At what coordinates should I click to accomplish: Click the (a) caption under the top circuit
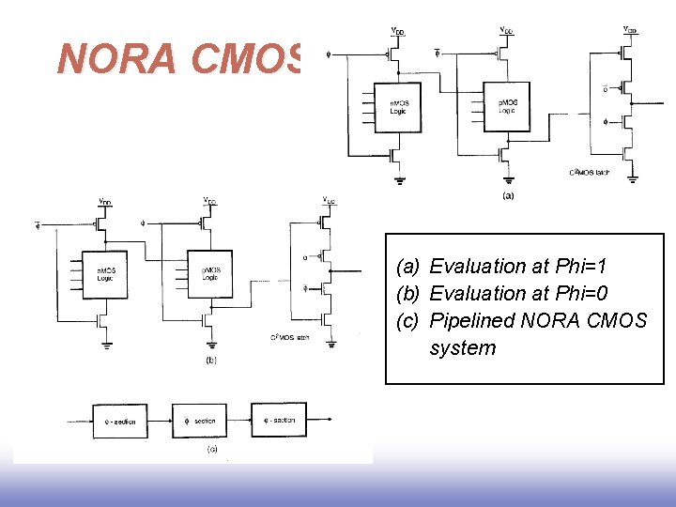[508, 196]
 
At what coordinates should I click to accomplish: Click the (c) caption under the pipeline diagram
[212, 449]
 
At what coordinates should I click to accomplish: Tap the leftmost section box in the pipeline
[119, 422]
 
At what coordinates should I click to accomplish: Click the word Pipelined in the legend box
[473, 321]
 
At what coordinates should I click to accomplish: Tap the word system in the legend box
[463, 348]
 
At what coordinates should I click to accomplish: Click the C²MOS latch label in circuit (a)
[589, 173]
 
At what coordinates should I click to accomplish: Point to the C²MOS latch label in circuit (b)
[289, 337]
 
